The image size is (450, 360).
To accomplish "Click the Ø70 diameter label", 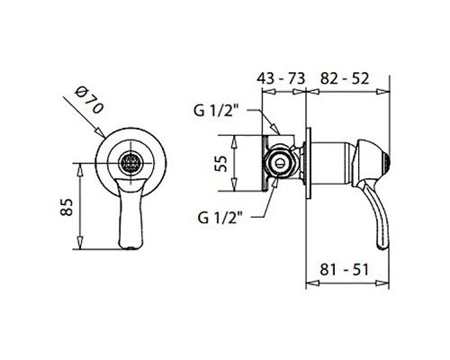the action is pos(89,100).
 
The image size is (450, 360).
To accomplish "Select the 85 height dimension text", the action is pos(67,207).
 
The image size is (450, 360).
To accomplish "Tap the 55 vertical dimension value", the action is pos(220,164).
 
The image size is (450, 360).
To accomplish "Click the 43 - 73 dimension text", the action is pos(281,78).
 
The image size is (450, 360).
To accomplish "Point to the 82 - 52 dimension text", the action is pos(345,78).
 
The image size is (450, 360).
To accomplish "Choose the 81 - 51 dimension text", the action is pos(344,269).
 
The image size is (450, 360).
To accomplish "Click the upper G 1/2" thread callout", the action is pos(216,111).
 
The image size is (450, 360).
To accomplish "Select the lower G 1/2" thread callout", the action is pos(220,218).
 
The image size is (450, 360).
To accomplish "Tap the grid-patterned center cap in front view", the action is pos(131,163).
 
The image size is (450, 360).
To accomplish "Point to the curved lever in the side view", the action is pos(377,214).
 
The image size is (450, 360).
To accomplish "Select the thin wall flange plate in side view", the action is pos(308,163).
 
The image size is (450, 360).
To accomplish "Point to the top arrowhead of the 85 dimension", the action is pos(80,170).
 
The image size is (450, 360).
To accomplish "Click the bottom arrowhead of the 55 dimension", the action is pos(234,184).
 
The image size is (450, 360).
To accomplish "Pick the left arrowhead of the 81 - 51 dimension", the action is pos(312,283).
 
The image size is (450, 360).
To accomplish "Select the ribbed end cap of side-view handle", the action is pos(387,163).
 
